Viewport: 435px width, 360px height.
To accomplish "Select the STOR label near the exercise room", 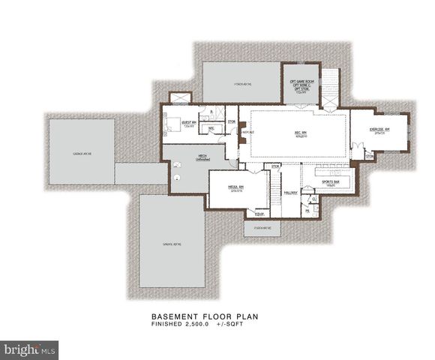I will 370,156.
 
